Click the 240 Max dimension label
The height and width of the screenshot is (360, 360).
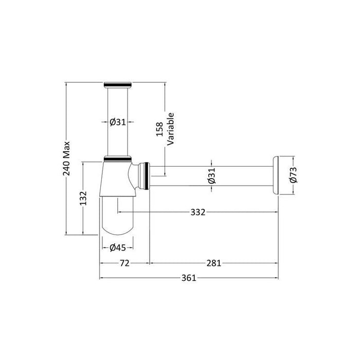pos(66,158)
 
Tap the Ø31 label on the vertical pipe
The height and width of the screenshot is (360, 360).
pos(118,122)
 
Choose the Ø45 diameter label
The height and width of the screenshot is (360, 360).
pos(118,247)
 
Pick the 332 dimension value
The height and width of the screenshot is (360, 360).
pos(198,212)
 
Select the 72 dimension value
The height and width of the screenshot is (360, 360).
pos(124,263)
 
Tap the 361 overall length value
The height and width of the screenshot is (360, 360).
pos(189,278)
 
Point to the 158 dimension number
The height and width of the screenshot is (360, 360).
pos(159,129)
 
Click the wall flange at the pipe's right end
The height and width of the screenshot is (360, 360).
pos(277,176)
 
